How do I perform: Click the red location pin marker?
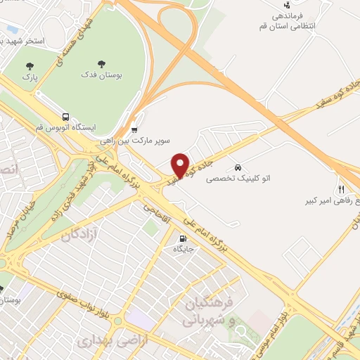click(181, 165)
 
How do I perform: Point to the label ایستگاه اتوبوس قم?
click(66, 129)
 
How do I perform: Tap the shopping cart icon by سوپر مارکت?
click(134, 129)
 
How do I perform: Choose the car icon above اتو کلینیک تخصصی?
click(238, 167)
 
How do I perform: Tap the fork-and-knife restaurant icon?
click(342, 189)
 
